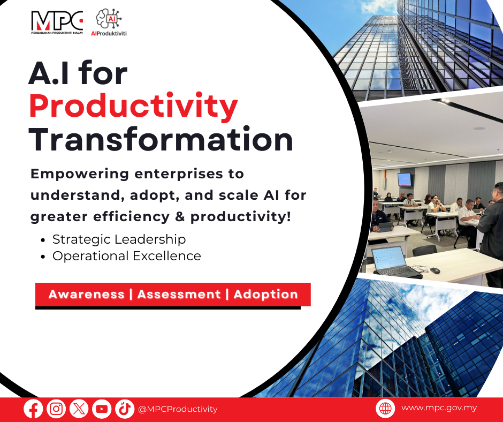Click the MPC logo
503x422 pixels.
click(x=57, y=22)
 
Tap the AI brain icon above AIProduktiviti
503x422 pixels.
click(x=109, y=19)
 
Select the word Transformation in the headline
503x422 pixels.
click(x=161, y=139)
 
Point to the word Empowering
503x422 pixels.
click(x=80, y=174)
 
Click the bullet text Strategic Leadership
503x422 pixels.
click(x=119, y=239)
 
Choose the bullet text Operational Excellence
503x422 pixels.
click(x=127, y=256)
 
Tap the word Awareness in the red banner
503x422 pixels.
click(x=86, y=294)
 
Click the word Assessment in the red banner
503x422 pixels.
click(x=179, y=294)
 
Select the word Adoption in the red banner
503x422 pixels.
click(x=265, y=294)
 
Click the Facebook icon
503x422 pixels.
click(x=33, y=409)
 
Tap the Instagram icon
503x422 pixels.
click(x=56, y=409)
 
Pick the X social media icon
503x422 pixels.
click(x=79, y=409)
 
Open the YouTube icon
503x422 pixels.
click(x=102, y=409)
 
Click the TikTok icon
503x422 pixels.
click(x=125, y=409)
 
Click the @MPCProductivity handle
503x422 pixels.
click(x=178, y=409)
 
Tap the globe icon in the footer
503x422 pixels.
click(x=385, y=408)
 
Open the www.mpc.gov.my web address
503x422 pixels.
click(x=439, y=408)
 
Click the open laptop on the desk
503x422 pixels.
click(x=396, y=262)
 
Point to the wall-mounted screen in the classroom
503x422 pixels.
click(x=405, y=179)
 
